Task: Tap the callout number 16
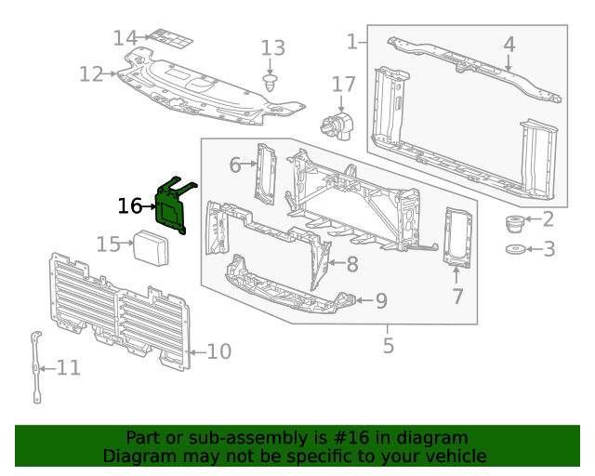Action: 129,205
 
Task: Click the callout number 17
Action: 344,85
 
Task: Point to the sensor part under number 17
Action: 337,123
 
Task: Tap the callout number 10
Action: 218,351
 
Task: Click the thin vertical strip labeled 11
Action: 36,367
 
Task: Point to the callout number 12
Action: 91,73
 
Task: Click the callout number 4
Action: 509,44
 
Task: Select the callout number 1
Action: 351,41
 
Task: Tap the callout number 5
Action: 388,346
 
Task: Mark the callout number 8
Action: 351,264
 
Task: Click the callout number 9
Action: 380,300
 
